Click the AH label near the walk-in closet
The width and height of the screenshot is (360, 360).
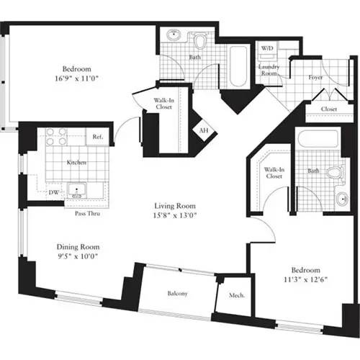(204, 131)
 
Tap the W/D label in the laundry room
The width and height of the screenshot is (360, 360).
(266, 48)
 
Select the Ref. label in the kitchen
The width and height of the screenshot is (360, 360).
(97, 136)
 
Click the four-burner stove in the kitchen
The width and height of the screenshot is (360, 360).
(56, 137)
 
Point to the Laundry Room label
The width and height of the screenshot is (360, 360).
(269, 71)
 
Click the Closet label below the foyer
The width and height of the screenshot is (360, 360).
(328, 109)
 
